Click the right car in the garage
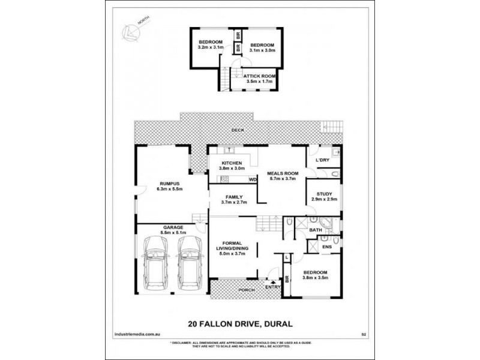(189, 262)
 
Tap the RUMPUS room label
(169, 184)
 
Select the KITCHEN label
(232, 163)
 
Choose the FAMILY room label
(234, 197)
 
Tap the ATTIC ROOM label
(259, 76)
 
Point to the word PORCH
(247, 290)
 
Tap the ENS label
(327, 246)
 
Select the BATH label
(316, 230)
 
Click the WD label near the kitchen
(253, 179)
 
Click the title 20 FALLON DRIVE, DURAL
(240, 324)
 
